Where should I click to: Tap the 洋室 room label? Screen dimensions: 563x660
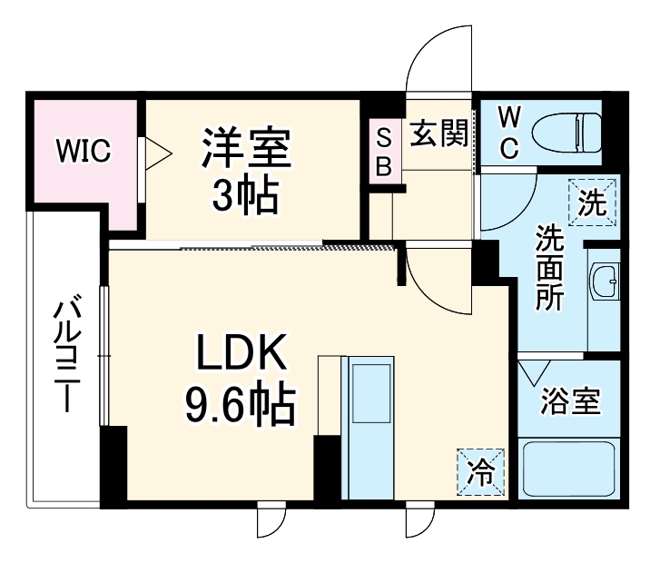246,148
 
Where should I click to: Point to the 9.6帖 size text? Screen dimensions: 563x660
240,406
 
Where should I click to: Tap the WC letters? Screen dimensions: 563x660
509,133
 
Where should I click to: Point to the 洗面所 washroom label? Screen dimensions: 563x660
549,269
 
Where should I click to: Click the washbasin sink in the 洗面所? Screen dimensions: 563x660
604,281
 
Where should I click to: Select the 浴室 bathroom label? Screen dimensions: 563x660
570,401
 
